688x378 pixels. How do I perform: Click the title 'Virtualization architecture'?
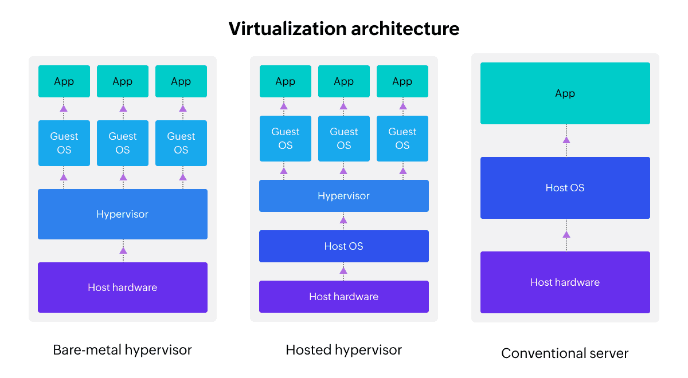click(x=344, y=28)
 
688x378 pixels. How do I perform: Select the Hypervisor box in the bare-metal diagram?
click(x=123, y=214)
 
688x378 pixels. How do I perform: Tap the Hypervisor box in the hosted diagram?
click(x=344, y=196)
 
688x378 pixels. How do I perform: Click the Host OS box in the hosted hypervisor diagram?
click(x=344, y=246)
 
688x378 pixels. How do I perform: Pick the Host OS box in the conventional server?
click(x=565, y=188)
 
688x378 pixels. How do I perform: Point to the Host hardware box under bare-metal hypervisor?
click(x=123, y=288)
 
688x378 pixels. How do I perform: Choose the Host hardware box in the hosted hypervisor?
click(x=344, y=297)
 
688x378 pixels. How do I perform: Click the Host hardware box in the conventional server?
click(x=565, y=282)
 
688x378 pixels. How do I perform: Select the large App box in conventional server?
click(x=565, y=93)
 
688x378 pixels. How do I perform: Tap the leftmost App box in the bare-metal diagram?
click(x=64, y=81)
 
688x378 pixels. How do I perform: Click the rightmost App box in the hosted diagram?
click(x=402, y=81)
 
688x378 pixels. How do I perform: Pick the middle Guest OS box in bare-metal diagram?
click(x=123, y=143)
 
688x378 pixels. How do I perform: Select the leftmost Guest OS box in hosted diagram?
click(x=286, y=139)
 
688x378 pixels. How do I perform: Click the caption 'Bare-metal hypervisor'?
click(x=123, y=350)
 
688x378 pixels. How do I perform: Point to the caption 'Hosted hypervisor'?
click(x=344, y=350)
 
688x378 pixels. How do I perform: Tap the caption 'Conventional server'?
click(x=565, y=353)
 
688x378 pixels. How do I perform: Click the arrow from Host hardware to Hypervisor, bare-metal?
click(x=123, y=251)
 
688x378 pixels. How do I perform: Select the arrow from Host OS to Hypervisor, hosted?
click(x=343, y=220)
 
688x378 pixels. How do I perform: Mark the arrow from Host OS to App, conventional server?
click(x=566, y=140)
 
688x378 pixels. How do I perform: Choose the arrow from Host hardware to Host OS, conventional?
click(x=566, y=235)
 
